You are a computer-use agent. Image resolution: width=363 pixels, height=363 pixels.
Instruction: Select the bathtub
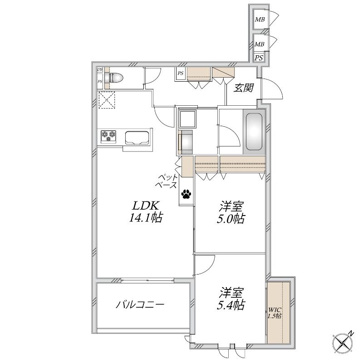254,132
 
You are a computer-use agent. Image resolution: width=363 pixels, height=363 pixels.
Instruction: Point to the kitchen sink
137,138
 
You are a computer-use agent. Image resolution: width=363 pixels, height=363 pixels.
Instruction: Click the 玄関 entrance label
243,88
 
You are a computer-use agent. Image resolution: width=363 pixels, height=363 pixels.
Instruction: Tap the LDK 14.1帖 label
146,211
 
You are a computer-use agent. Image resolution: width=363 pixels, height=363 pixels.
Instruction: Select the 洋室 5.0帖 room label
231,212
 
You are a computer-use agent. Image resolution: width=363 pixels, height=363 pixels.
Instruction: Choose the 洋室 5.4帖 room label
231,299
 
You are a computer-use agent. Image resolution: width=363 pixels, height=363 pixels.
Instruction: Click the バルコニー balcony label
140,304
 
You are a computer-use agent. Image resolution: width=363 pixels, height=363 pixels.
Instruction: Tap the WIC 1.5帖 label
275,313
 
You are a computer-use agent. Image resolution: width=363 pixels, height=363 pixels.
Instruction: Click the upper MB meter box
260,20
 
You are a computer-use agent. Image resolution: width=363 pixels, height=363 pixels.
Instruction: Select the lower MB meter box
259,44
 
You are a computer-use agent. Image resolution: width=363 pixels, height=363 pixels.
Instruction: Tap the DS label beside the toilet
100,69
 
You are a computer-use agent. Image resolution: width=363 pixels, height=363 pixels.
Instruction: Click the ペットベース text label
168,181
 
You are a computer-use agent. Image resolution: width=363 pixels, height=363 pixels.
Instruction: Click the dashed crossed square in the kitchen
107,100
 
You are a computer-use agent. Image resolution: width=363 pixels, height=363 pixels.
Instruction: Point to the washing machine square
187,119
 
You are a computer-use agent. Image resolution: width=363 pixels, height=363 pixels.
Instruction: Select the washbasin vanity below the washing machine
185,142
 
